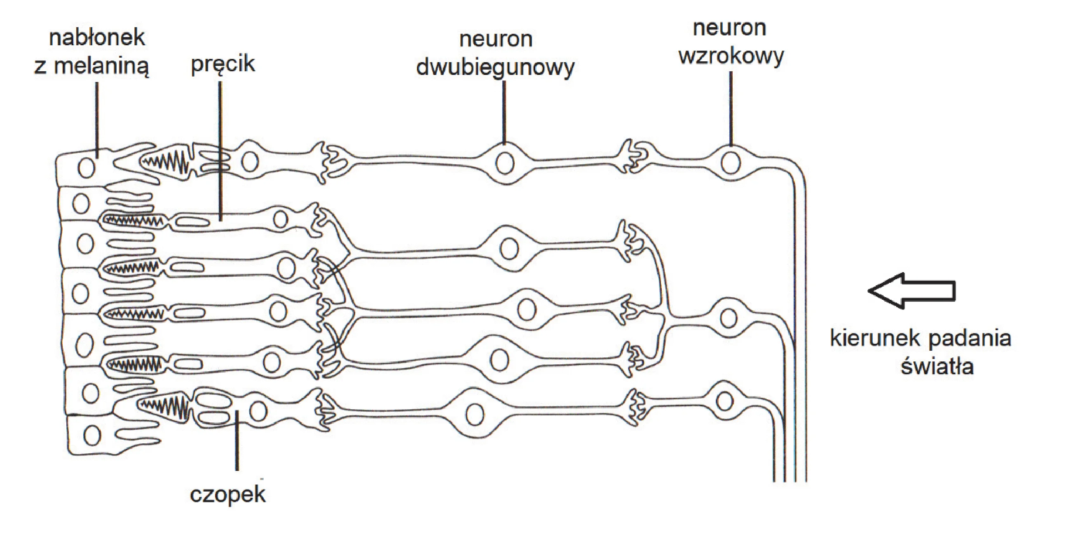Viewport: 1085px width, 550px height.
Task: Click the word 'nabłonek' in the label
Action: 97,38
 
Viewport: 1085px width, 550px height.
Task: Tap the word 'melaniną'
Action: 101,67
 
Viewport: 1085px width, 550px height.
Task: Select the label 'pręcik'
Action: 223,64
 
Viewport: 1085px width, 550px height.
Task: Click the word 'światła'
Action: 937,366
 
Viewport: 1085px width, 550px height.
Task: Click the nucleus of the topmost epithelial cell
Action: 87,168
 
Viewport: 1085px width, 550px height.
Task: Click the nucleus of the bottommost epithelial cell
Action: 93,435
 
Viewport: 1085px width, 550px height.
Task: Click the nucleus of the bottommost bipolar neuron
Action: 475,415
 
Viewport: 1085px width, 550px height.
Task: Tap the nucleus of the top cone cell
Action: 250,162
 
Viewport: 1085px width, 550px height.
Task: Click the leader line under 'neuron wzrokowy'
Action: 731,108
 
